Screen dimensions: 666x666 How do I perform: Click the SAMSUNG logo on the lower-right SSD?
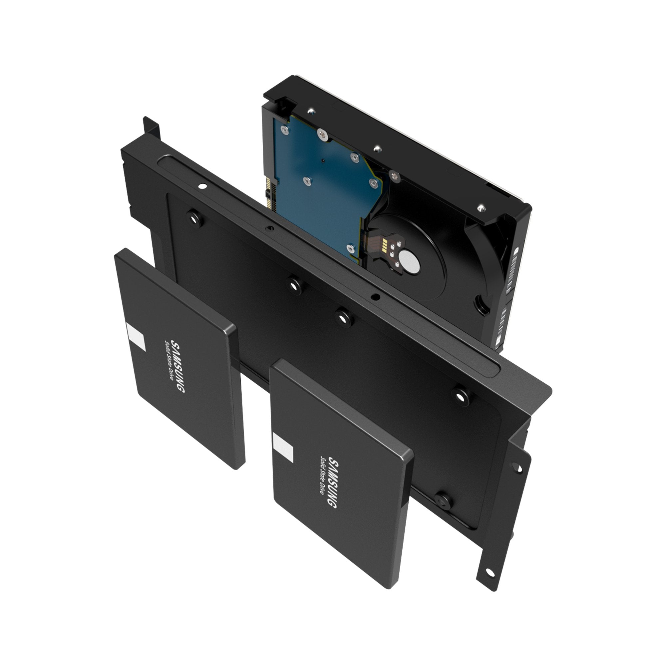[332, 482]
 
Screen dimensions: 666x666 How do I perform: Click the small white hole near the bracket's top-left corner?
[202, 186]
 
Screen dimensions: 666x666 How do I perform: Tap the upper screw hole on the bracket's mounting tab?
[517, 468]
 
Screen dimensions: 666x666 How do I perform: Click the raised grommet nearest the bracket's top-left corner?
[194, 218]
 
